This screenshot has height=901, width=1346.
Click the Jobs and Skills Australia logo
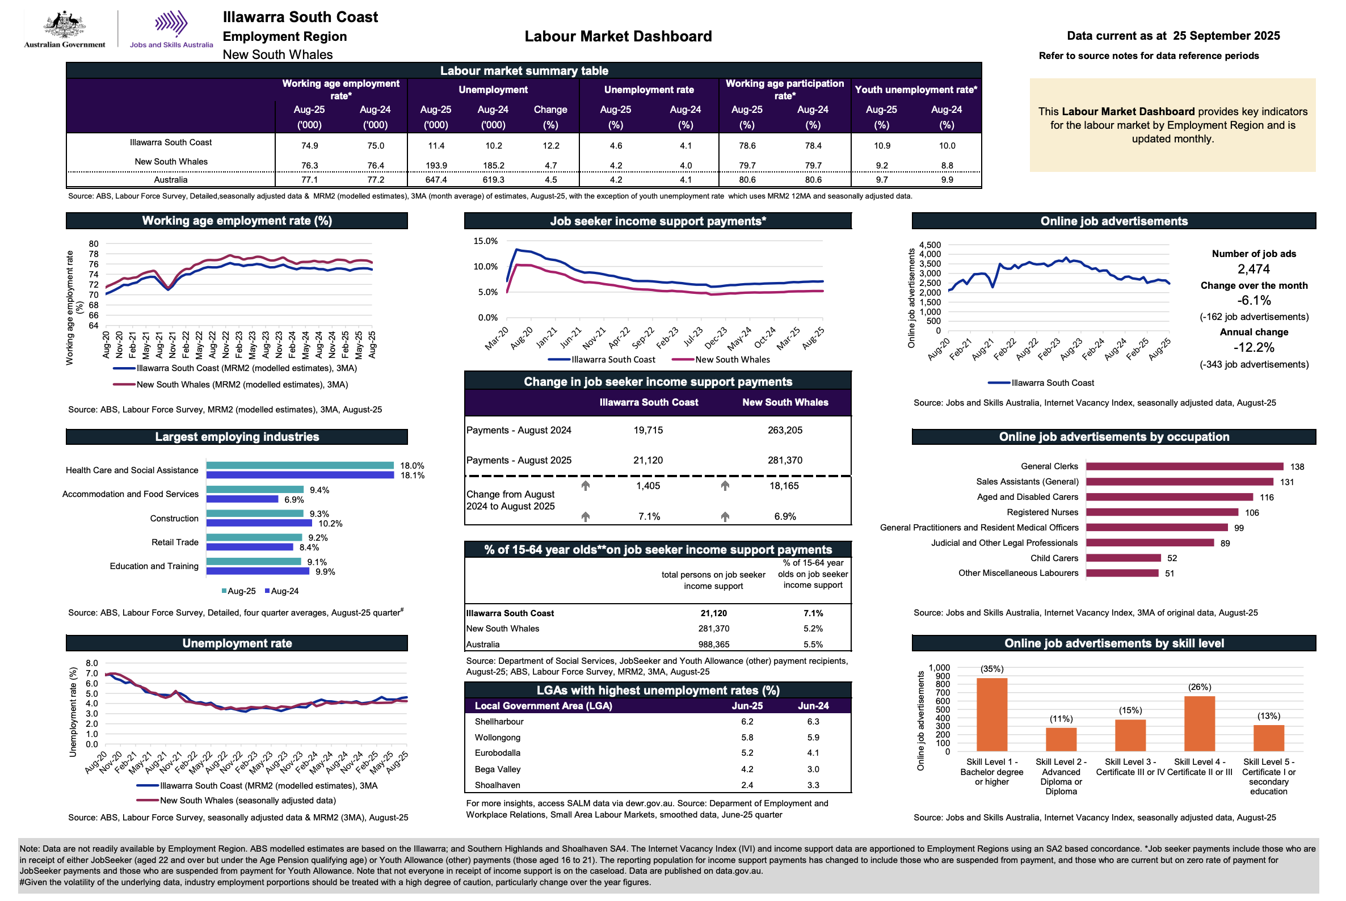point(171,29)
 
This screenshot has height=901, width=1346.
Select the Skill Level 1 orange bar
point(991,714)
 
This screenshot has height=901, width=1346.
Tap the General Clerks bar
point(1184,466)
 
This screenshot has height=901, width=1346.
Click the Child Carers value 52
point(1172,558)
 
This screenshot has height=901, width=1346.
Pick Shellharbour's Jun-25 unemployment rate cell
point(747,722)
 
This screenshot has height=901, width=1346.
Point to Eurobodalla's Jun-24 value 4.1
point(813,753)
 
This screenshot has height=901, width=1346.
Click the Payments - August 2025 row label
point(519,460)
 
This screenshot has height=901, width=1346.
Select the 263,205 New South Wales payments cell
point(785,431)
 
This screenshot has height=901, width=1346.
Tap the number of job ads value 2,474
point(1254,269)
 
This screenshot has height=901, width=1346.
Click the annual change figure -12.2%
point(1254,348)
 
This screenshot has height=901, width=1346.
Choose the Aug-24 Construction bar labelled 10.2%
point(259,524)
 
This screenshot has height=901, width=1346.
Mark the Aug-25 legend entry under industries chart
point(238,591)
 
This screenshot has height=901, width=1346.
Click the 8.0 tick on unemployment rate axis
point(92,663)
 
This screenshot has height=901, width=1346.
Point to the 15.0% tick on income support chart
point(486,241)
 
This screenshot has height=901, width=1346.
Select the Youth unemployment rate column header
point(915,90)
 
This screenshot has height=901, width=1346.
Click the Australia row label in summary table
point(171,180)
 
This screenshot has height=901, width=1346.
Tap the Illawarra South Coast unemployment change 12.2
point(550,146)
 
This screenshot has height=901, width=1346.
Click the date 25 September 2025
point(1226,36)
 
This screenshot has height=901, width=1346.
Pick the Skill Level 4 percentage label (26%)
point(1200,687)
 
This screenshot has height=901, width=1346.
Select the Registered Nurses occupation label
point(1042,512)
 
